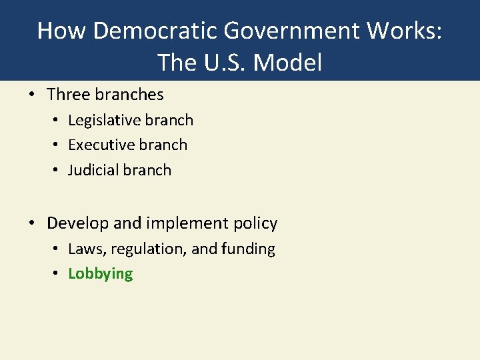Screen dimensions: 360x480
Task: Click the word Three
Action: click(67, 95)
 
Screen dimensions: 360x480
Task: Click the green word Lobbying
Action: click(101, 274)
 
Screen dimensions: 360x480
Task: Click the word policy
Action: click(253, 223)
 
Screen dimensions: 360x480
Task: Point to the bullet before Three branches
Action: click(33, 95)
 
